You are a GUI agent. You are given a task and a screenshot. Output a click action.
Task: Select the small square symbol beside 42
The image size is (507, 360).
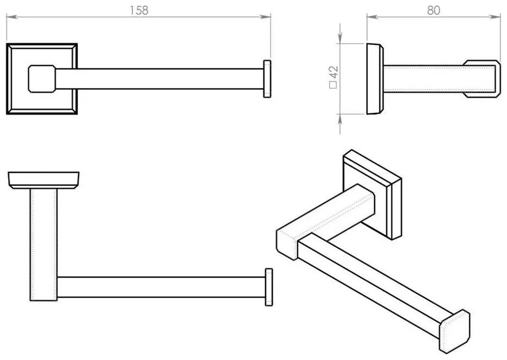(x=333, y=85)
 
